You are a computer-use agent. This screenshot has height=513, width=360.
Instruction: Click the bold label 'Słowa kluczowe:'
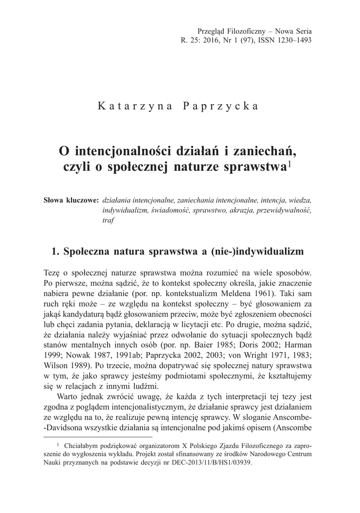[72, 200]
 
